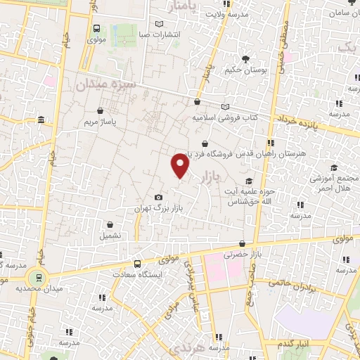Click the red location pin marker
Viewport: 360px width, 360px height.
pos(181,166)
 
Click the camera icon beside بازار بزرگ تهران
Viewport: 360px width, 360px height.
pos(159,198)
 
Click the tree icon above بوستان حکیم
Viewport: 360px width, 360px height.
pos(245,59)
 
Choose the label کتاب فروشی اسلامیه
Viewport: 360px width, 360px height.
pos(225,117)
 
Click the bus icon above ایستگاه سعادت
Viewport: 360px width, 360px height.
pos(137,261)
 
